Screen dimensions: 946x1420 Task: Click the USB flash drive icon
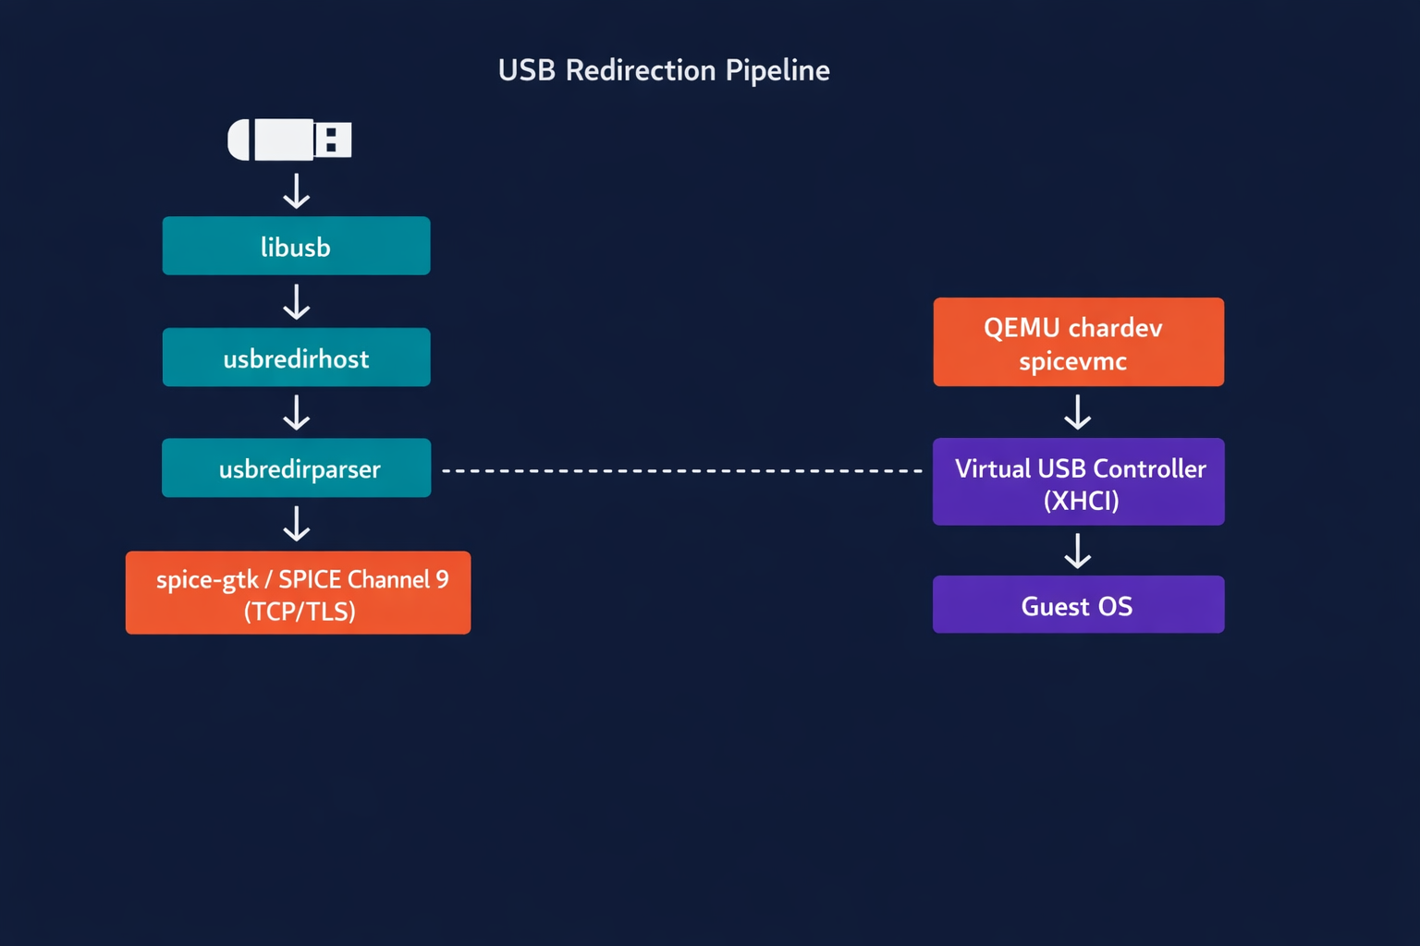(288, 139)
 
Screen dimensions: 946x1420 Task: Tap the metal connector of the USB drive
(333, 139)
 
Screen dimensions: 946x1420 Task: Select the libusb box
(296, 246)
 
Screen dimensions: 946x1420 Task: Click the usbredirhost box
(296, 358)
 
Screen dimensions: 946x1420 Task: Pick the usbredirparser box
(296, 468)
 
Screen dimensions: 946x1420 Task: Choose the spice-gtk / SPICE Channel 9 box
(298, 593)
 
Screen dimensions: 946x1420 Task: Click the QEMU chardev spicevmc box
(1078, 342)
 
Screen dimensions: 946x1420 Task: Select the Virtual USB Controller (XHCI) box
(1078, 482)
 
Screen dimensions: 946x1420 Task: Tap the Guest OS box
(1078, 605)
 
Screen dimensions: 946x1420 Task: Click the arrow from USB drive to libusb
(296, 191)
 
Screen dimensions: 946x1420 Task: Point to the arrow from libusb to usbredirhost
(296, 302)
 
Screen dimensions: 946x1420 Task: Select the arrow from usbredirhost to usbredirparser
(296, 413)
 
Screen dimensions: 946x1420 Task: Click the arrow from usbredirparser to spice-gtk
(296, 524)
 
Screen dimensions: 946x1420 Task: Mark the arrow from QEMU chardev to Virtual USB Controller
(1077, 412)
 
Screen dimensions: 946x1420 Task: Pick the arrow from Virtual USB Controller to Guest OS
(1077, 552)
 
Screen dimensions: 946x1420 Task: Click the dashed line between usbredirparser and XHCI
(681, 471)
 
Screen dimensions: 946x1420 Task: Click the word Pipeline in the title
(777, 71)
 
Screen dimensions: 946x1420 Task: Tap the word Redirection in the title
(640, 71)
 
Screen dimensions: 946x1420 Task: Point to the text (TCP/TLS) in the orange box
(300, 612)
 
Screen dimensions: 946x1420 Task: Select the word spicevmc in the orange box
(1072, 361)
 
